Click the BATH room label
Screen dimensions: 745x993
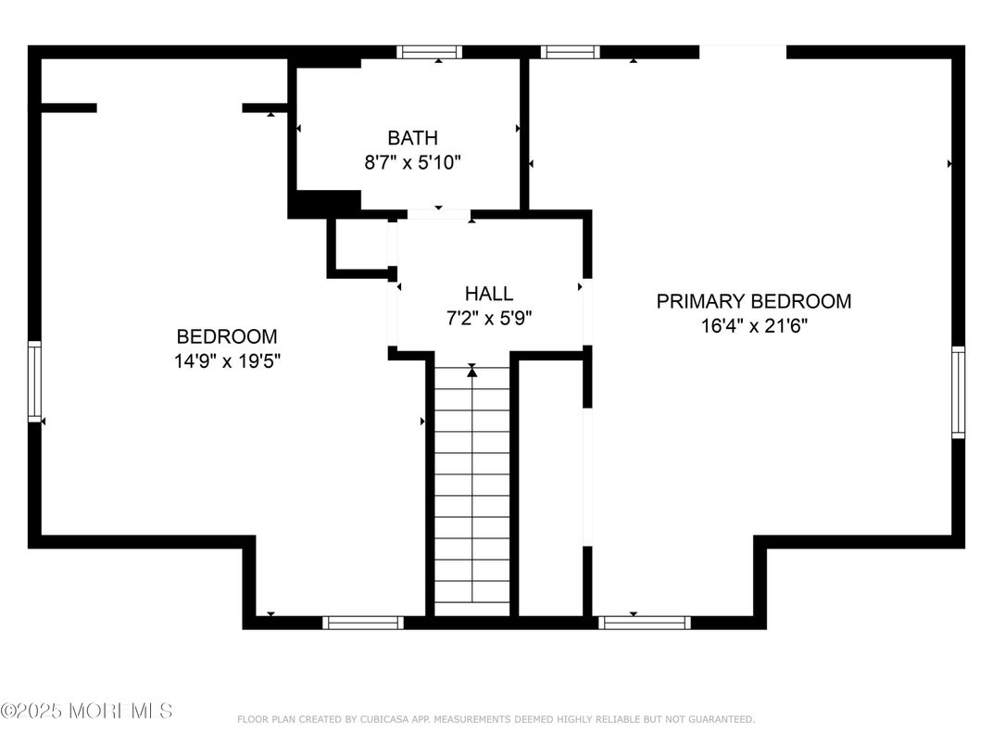coord(412,138)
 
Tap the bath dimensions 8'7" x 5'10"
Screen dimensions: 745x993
coord(412,162)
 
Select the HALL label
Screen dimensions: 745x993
coord(488,294)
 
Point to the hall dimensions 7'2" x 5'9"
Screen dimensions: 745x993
coord(488,317)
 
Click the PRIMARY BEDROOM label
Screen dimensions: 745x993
coord(753,301)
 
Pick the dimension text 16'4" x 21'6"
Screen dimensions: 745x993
coord(753,325)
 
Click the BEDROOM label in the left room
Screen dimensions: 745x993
coord(227,336)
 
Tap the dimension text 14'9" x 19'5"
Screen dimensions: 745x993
coord(227,360)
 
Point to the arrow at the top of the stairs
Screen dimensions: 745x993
coord(472,371)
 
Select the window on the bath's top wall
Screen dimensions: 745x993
coord(430,52)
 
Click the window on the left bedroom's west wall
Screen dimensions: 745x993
coord(34,381)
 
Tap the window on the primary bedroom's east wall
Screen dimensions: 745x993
coord(958,391)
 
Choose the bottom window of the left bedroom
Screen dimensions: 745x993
coord(363,622)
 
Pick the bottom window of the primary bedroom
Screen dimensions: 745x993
coord(645,622)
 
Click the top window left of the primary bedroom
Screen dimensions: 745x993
coord(570,52)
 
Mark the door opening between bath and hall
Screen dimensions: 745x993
coord(438,214)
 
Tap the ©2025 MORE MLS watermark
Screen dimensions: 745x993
coord(86,711)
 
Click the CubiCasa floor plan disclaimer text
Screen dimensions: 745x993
coord(496,719)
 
